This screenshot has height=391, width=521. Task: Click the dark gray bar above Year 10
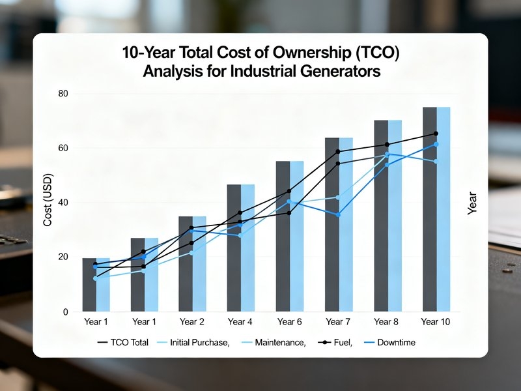point(430,209)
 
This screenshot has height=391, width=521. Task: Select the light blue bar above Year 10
point(444,209)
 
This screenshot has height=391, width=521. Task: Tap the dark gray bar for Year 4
point(234,248)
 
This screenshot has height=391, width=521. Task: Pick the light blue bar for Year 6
point(297,236)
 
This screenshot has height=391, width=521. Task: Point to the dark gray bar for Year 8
point(381,216)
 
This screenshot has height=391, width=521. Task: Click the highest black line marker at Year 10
point(436,134)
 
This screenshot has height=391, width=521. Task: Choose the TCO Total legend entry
point(122,343)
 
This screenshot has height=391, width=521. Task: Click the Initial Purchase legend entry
point(192,343)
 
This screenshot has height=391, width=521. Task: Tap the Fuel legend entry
point(335,343)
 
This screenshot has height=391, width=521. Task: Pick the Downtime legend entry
point(389,343)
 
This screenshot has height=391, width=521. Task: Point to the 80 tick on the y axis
point(63,94)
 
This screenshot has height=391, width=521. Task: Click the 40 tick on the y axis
point(63,203)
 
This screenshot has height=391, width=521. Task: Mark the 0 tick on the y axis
point(66,312)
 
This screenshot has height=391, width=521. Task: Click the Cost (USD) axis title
point(48,200)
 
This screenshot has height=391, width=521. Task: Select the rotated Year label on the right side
point(472,203)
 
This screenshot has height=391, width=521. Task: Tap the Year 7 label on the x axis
point(338,322)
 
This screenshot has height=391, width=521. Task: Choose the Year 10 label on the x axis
point(435,322)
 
